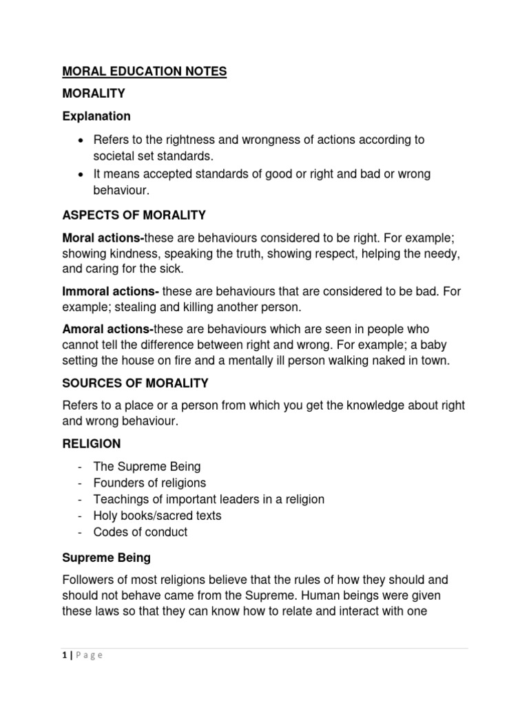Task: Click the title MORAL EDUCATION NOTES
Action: tap(145, 72)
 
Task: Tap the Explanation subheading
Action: tap(97, 116)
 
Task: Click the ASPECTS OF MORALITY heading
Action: tap(134, 215)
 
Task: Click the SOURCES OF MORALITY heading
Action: tap(136, 383)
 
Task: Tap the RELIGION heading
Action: tap(92, 444)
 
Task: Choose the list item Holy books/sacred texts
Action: tap(162, 516)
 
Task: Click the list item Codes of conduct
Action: tap(145, 532)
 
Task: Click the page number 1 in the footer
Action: tap(64, 655)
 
